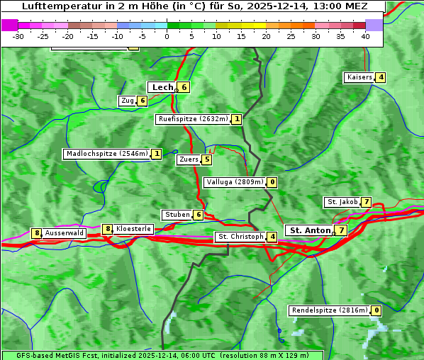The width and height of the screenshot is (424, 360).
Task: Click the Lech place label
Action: [162, 87]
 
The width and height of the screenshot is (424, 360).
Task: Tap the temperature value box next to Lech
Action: [184, 87]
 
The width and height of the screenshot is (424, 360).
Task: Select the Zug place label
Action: [128, 101]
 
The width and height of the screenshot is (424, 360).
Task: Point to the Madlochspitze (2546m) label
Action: [106, 154]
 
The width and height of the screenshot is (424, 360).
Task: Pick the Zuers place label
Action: [189, 159]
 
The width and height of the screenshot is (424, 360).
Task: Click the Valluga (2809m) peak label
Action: [235, 182]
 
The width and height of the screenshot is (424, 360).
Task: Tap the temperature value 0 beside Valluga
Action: [272, 182]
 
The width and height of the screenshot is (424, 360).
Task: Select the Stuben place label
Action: [177, 215]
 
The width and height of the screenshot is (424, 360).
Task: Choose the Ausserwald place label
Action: [65, 232]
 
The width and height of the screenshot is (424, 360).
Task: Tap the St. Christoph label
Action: [240, 237]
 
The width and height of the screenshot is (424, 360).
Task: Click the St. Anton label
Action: [311, 230]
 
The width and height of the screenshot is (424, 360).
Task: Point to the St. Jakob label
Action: [342, 202]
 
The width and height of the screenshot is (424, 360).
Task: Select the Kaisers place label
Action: [359, 77]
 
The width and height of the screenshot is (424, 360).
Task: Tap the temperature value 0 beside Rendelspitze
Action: [376, 310]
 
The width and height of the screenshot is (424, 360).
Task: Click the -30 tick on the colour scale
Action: [18, 35]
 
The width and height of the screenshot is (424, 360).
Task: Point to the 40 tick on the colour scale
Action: [365, 35]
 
